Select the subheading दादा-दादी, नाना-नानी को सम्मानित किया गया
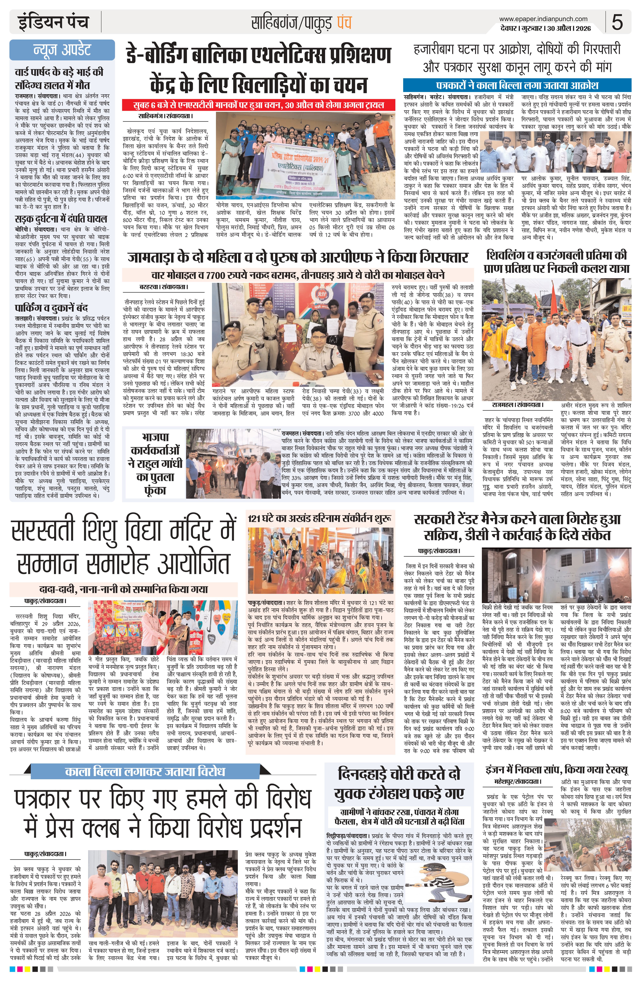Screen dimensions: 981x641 pos(124,589)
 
